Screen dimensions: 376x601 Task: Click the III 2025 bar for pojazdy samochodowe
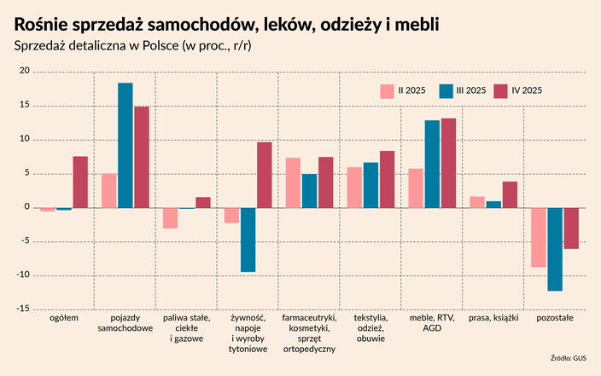click(x=125, y=145)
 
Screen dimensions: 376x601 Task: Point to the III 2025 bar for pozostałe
click(x=555, y=249)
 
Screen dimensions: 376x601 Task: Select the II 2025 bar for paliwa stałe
click(x=171, y=217)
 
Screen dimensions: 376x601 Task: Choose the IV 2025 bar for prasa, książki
click(x=510, y=194)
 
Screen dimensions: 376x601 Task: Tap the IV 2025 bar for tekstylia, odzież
click(x=387, y=179)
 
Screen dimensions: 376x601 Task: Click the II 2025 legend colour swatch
click(x=387, y=90)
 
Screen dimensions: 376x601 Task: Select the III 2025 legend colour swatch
click(x=445, y=90)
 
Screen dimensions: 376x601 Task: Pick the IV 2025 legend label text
click(x=527, y=90)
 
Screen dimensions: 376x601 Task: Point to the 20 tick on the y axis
click(x=25, y=72)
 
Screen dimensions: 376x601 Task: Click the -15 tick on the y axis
click(x=23, y=309)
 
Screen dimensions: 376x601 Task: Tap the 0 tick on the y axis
click(x=27, y=207)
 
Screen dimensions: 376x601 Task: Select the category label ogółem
click(x=64, y=318)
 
